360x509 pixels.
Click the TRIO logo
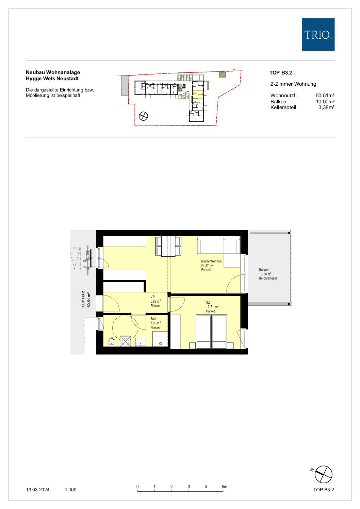318,34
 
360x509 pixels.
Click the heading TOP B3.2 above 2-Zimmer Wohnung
281,73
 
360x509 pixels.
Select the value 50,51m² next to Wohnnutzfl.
325,96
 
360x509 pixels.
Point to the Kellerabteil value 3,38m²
326,107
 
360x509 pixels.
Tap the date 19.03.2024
38,490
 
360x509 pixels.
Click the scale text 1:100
70,490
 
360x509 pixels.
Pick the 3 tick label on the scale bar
189,487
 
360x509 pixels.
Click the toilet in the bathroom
112,342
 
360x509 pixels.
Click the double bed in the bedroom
212,332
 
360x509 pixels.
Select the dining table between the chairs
168,246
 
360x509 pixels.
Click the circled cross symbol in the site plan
143,116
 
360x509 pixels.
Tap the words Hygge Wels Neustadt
52,79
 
